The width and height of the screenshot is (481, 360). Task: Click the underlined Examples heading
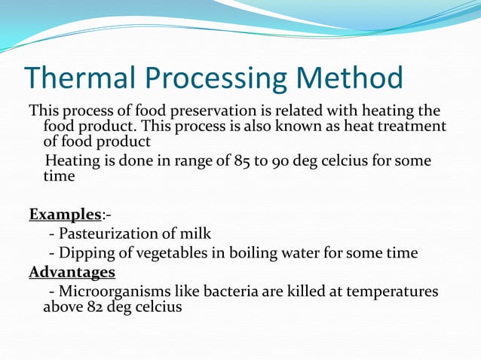[64, 215]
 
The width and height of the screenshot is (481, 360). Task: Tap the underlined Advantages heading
[72, 272]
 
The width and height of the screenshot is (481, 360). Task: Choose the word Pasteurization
[118, 234]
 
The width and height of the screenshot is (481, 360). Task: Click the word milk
[196, 234]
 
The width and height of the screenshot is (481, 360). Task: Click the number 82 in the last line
[93, 307]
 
